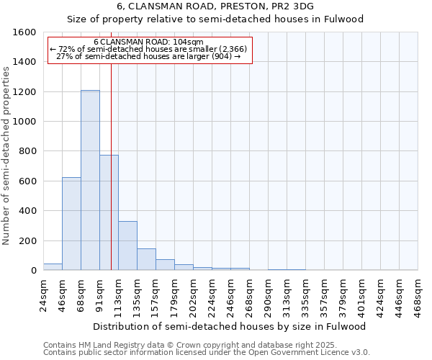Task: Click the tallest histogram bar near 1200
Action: coord(90,180)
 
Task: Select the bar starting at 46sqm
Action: coord(71,223)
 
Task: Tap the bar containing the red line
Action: coord(109,212)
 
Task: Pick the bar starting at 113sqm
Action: coord(127,246)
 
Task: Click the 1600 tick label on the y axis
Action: coord(24,32)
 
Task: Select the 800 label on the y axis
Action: coord(27,151)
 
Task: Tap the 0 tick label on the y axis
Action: coord(33,270)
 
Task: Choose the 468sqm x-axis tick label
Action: coord(417,294)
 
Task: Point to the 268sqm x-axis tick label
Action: coord(249,294)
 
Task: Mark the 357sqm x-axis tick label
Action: coord(324,294)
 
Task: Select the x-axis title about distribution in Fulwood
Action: coord(230,326)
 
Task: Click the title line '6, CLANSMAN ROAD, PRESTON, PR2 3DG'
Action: coord(215,7)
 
